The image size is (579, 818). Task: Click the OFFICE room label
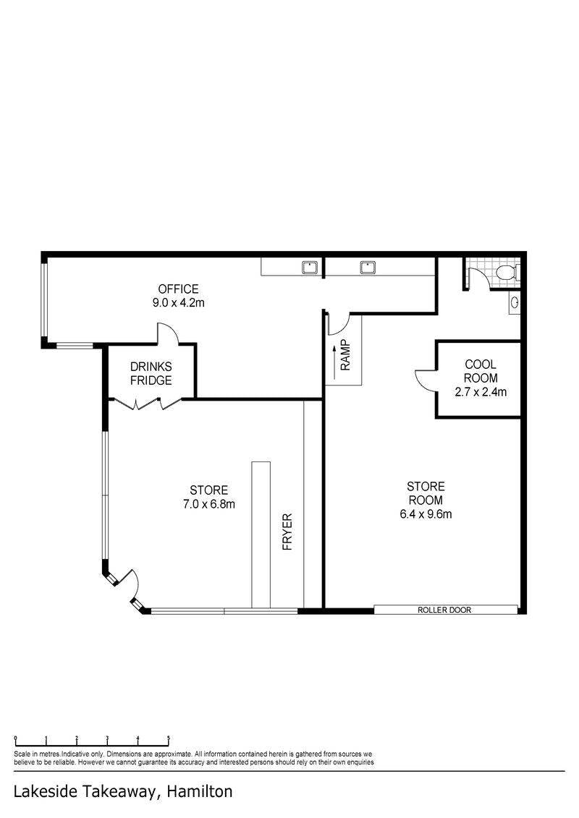click(x=179, y=289)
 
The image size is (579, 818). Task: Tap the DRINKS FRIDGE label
click(x=151, y=373)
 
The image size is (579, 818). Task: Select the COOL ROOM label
click(x=481, y=371)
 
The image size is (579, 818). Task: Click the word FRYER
click(x=287, y=532)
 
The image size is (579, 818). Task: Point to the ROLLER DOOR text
click(x=444, y=610)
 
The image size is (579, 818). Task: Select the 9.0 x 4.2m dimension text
click(x=179, y=302)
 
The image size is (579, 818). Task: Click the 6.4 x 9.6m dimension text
click(x=426, y=514)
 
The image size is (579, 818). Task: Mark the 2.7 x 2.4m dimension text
click(x=481, y=392)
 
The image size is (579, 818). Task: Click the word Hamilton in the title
click(x=200, y=791)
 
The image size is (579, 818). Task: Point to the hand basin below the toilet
click(x=515, y=302)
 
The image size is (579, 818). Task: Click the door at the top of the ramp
click(x=336, y=323)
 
